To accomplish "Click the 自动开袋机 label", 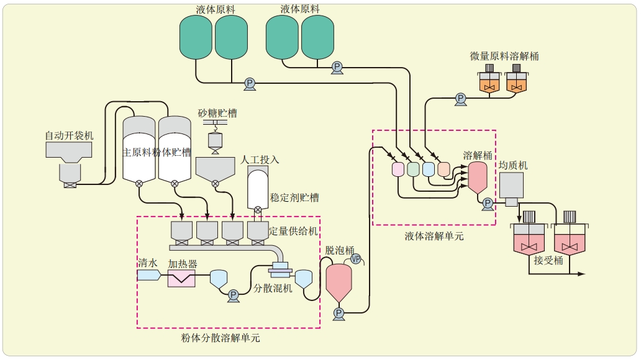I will click(x=69, y=135).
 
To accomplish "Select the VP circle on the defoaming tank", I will click(x=356, y=258).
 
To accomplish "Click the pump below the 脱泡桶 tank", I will click(x=339, y=313).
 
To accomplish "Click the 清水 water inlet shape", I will click(x=148, y=275).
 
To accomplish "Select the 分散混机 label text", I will click(x=273, y=289).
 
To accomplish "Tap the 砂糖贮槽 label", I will click(x=217, y=113).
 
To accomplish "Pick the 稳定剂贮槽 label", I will click(x=294, y=197).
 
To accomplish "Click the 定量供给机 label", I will click(x=293, y=231).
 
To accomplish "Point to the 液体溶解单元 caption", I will click(x=434, y=236).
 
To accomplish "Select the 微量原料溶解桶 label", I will click(x=504, y=56).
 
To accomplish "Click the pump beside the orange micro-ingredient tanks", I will click(x=460, y=98).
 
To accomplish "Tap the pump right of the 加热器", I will click(x=234, y=295).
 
